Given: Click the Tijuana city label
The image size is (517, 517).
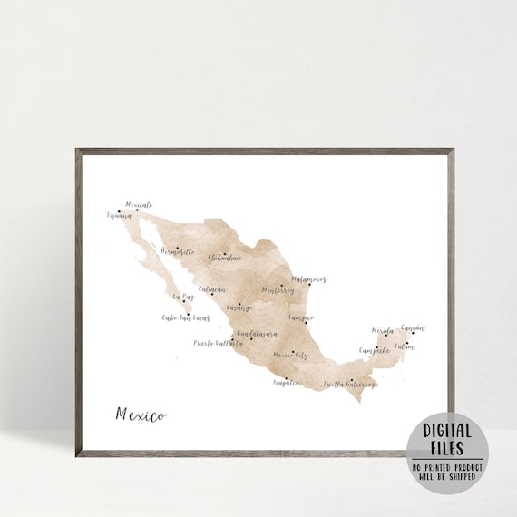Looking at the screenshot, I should [121, 216].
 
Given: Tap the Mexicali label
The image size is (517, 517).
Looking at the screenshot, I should [139, 205].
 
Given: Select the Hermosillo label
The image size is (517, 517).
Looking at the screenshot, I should [177, 250].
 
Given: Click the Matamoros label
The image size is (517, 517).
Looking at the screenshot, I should [308, 280].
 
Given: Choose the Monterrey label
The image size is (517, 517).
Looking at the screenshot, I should [278, 290].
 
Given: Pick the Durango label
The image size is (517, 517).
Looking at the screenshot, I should [239, 308].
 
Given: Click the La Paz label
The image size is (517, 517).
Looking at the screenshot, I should [182, 297].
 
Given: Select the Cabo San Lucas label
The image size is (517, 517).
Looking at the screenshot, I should [186, 317].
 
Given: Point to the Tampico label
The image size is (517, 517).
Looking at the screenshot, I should [300, 318].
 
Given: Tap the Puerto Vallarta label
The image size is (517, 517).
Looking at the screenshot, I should [219, 344].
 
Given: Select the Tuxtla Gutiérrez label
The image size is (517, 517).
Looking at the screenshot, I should [349, 384].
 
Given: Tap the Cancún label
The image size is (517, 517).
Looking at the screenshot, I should [413, 328].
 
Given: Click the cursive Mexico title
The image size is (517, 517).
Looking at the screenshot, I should [141, 415].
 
